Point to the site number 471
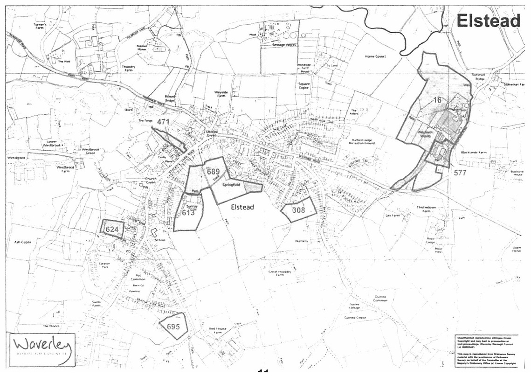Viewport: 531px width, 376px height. [x=162, y=122]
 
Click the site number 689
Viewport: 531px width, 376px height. [x=213, y=171]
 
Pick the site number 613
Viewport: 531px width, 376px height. [x=188, y=213]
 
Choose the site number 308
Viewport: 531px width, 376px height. [x=298, y=210]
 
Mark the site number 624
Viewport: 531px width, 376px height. [x=112, y=229]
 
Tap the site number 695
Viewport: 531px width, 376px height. [x=173, y=327]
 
